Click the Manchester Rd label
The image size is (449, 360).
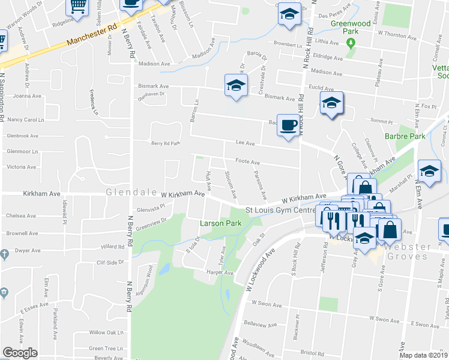coord(92,36)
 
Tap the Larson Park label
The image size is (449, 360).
coord(220,223)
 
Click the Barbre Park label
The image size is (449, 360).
coord(405,137)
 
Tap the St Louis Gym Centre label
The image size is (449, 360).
coord(280,210)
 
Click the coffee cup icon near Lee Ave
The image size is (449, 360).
coord(289,125)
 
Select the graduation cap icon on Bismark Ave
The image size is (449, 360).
coord(236,86)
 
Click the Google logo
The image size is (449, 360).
coord(20,353)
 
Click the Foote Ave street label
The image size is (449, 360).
coord(247,162)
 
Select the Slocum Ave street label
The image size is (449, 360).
coord(230,184)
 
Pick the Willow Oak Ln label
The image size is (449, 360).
coord(106,332)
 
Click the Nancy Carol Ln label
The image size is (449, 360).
coord(26,119)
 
